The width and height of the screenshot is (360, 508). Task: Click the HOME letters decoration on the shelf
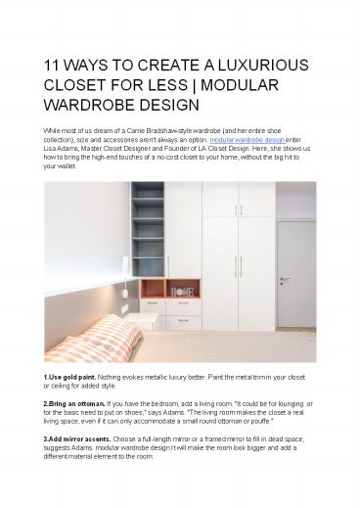183,291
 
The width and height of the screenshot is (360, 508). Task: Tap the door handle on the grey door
282,278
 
